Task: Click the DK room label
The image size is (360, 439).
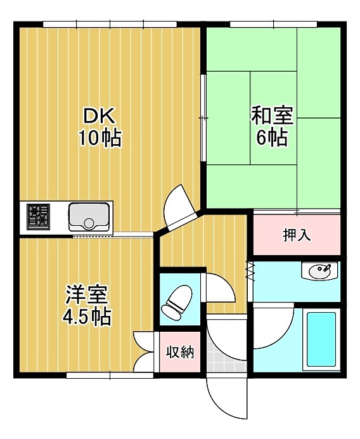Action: click(100, 117)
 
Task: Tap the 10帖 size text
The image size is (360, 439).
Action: click(100, 138)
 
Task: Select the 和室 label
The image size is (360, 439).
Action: click(272, 117)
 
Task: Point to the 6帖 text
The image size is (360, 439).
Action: click(272, 137)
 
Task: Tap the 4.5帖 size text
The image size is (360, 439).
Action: click(87, 316)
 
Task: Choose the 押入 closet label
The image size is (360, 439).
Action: click(297, 235)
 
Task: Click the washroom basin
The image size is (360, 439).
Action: click(320, 272)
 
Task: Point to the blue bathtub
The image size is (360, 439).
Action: click(321, 340)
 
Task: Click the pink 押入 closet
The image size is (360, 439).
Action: click(297, 235)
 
